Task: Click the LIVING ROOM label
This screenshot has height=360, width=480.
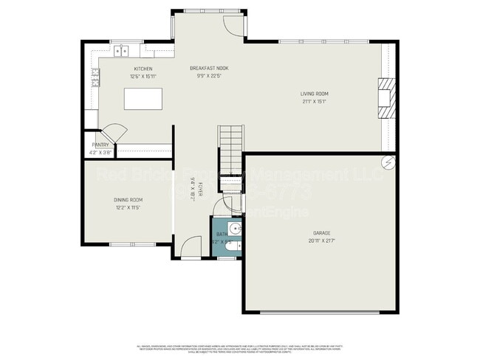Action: [x=314, y=94]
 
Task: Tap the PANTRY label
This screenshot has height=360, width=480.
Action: [x=100, y=145]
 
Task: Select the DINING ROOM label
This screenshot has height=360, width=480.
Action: [x=128, y=200]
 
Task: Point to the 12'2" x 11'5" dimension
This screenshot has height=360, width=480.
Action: [x=128, y=208]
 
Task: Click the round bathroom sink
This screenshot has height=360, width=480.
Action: [x=233, y=228]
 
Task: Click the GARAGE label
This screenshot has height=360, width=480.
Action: [x=323, y=233]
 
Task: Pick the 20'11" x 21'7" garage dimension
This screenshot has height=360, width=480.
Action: [x=323, y=241]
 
